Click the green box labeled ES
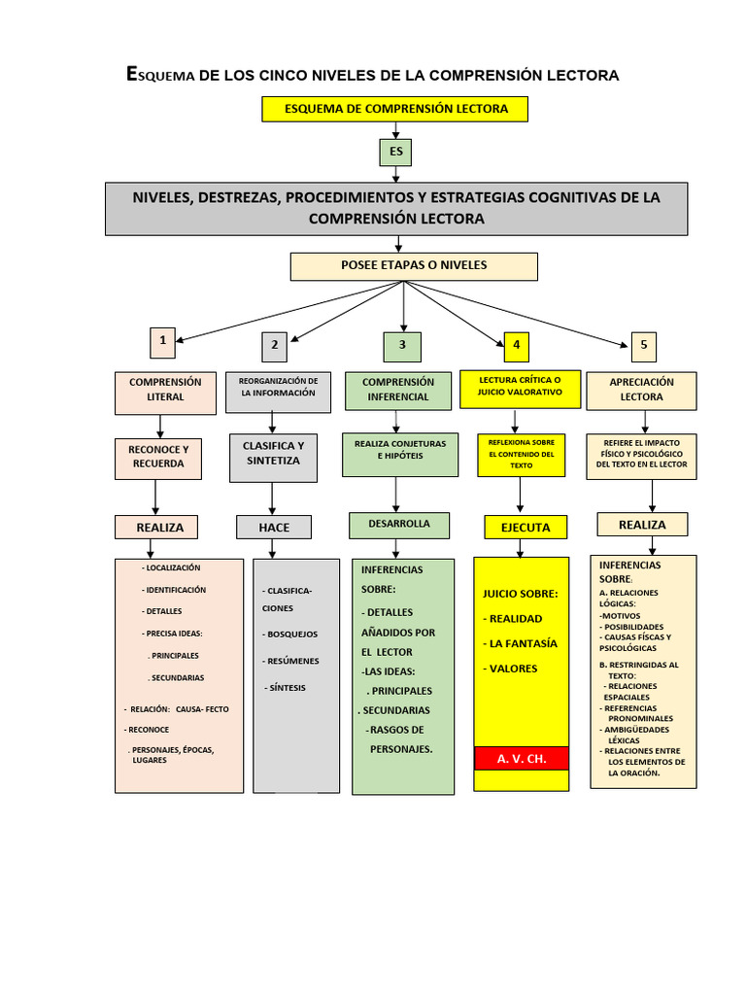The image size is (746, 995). click(395, 153)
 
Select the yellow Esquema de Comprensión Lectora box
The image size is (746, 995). click(394, 109)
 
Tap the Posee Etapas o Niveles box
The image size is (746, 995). click(414, 266)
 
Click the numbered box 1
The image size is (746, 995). click(162, 342)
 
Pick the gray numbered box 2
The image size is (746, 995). click(274, 346)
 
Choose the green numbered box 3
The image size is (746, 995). click(402, 346)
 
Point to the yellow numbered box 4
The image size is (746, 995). click(517, 345)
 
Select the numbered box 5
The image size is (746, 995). click(643, 345)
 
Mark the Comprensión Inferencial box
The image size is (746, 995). click(398, 390)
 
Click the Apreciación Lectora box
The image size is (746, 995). click(641, 390)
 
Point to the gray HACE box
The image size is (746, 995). click(274, 528)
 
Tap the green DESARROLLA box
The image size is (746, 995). click(398, 525)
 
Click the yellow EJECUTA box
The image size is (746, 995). click(525, 528)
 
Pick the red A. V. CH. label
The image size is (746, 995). click(523, 758)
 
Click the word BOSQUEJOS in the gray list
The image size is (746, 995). click(291, 635)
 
